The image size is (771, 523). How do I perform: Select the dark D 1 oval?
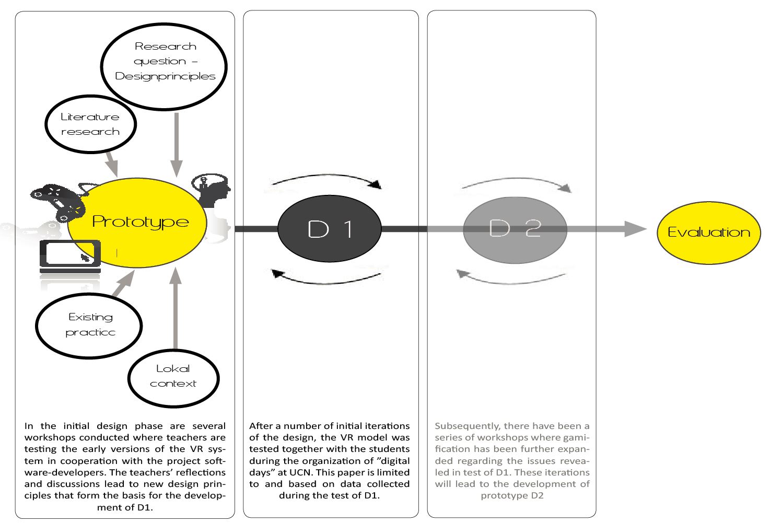pyautogui.click(x=330, y=229)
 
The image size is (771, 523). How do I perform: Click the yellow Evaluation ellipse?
pyautogui.click(x=709, y=233)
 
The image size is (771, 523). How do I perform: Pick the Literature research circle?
pyautogui.click(x=90, y=124)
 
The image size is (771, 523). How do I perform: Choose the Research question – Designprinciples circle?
pyautogui.click(x=165, y=66)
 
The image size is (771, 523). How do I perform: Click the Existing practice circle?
pyautogui.click(x=89, y=325)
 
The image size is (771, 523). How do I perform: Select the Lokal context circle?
pyautogui.click(x=173, y=377)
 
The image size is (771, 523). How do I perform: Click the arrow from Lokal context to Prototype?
pyautogui.click(x=176, y=308)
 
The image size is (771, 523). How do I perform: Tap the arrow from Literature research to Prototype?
pyautogui.click(x=111, y=162)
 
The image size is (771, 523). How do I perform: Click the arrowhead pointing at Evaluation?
pyautogui.click(x=635, y=228)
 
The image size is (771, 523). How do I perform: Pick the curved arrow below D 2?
pyautogui.click(x=512, y=278)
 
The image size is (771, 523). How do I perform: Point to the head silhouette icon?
pyautogui.click(x=213, y=191)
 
